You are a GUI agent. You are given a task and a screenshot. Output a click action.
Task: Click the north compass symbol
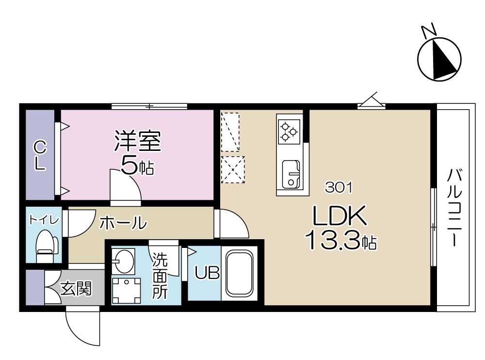pyautogui.click(x=439, y=59)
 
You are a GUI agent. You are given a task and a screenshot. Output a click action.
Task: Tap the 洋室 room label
pyautogui.click(x=137, y=141)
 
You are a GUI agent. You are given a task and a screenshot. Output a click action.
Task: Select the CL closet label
pyautogui.click(x=39, y=154)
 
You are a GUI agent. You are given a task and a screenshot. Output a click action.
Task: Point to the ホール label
pyautogui.click(x=123, y=223)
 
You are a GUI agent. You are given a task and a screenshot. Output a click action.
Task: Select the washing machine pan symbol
pyautogui.click(x=126, y=290)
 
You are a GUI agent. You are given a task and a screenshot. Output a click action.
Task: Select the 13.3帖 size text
pyautogui.click(x=341, y=240)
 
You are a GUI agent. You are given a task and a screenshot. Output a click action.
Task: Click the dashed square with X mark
pyautogui.click(x=233, y=170)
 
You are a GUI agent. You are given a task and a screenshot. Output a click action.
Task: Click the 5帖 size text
pyautogui.click(x=137, y=166)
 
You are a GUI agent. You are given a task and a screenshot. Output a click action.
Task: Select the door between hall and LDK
pyautogui.click(x=232, y=224)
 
